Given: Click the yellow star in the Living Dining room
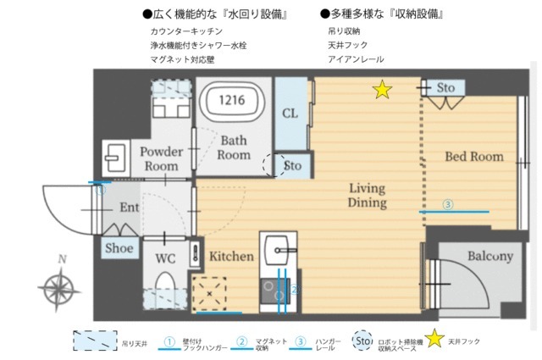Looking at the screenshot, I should (383, 88).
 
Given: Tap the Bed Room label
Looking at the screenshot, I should (474, 157).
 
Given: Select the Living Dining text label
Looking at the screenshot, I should (367, 195).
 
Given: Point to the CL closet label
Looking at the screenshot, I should (290, 114).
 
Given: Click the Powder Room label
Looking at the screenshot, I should (161, 158).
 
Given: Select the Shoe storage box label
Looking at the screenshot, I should (118, 248).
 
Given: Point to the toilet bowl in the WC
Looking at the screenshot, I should (164, 284).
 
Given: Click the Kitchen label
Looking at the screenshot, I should (231, 256).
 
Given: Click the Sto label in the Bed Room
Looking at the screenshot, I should (446, 87).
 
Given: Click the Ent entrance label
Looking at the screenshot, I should (130, 207).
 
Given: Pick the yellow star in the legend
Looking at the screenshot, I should (434, 341).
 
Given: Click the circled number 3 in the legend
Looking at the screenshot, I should (300, 341).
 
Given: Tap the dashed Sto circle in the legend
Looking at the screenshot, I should (362, 341).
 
